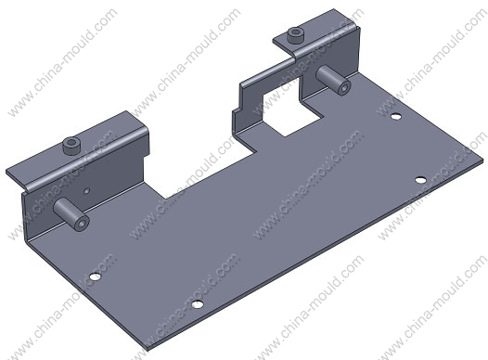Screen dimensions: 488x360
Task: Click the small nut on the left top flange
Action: click(x=71, y=146)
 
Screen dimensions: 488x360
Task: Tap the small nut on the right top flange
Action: click(x=295, y=35)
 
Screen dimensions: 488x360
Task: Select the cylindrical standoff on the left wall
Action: click(x=71, y=214)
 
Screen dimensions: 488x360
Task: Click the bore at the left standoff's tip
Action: click(x=83, y=224)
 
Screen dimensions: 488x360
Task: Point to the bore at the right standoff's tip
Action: click(x=343, y=88)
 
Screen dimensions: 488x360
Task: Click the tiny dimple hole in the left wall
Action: click(x=87, y=190)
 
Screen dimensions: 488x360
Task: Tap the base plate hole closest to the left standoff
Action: click(x=96, y=276)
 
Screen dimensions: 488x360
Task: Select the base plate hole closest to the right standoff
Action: click(x=396, y=117)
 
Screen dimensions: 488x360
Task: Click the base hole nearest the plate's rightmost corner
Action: click(x=421, y=180)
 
